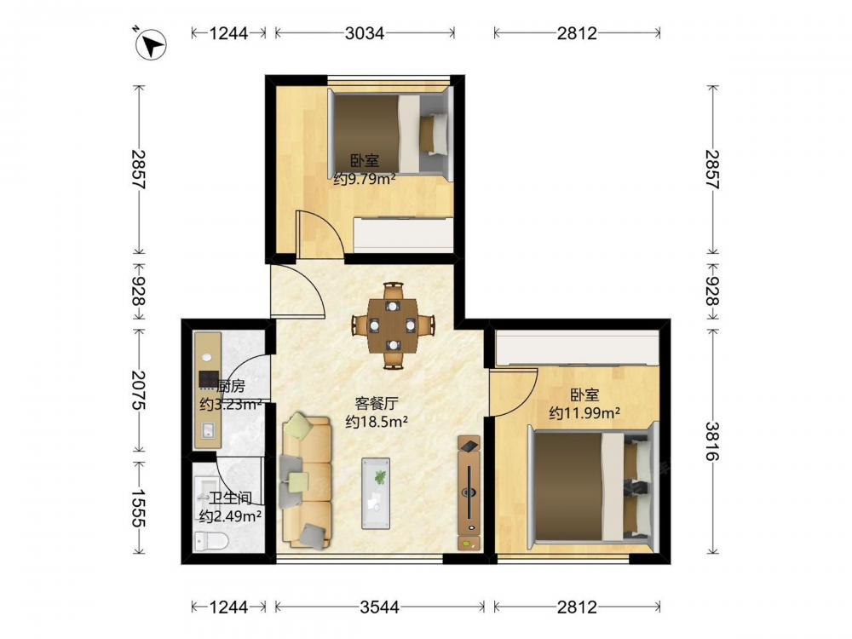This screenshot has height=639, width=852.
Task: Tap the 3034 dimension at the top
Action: [365, 33]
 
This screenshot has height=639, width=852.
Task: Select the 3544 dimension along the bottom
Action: [379, 607]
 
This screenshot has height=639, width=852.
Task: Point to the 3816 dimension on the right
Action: [712, 441]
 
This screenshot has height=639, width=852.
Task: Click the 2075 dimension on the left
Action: [139, 390]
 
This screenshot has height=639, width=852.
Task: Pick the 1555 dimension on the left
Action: [139, 508]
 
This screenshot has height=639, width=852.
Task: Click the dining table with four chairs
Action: [393, 325]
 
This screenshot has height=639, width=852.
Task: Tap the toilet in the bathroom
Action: [211, 541]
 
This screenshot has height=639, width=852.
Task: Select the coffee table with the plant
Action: [376, 492]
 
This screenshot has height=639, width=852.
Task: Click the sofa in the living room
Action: [306, 481]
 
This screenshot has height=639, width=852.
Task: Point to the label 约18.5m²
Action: [377, 421]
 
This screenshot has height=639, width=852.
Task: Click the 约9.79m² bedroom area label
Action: [364, 179]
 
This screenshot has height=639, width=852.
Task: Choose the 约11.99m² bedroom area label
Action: [584, 413]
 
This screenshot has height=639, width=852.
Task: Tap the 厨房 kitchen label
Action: [230, 386]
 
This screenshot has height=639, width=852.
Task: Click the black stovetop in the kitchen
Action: [209, 379]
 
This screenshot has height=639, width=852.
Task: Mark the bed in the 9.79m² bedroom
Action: [390, 135]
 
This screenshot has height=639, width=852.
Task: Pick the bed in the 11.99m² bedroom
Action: [593, 486]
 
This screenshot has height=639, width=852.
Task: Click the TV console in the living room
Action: [469, 492]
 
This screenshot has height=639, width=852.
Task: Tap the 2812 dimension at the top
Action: [577, 33]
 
